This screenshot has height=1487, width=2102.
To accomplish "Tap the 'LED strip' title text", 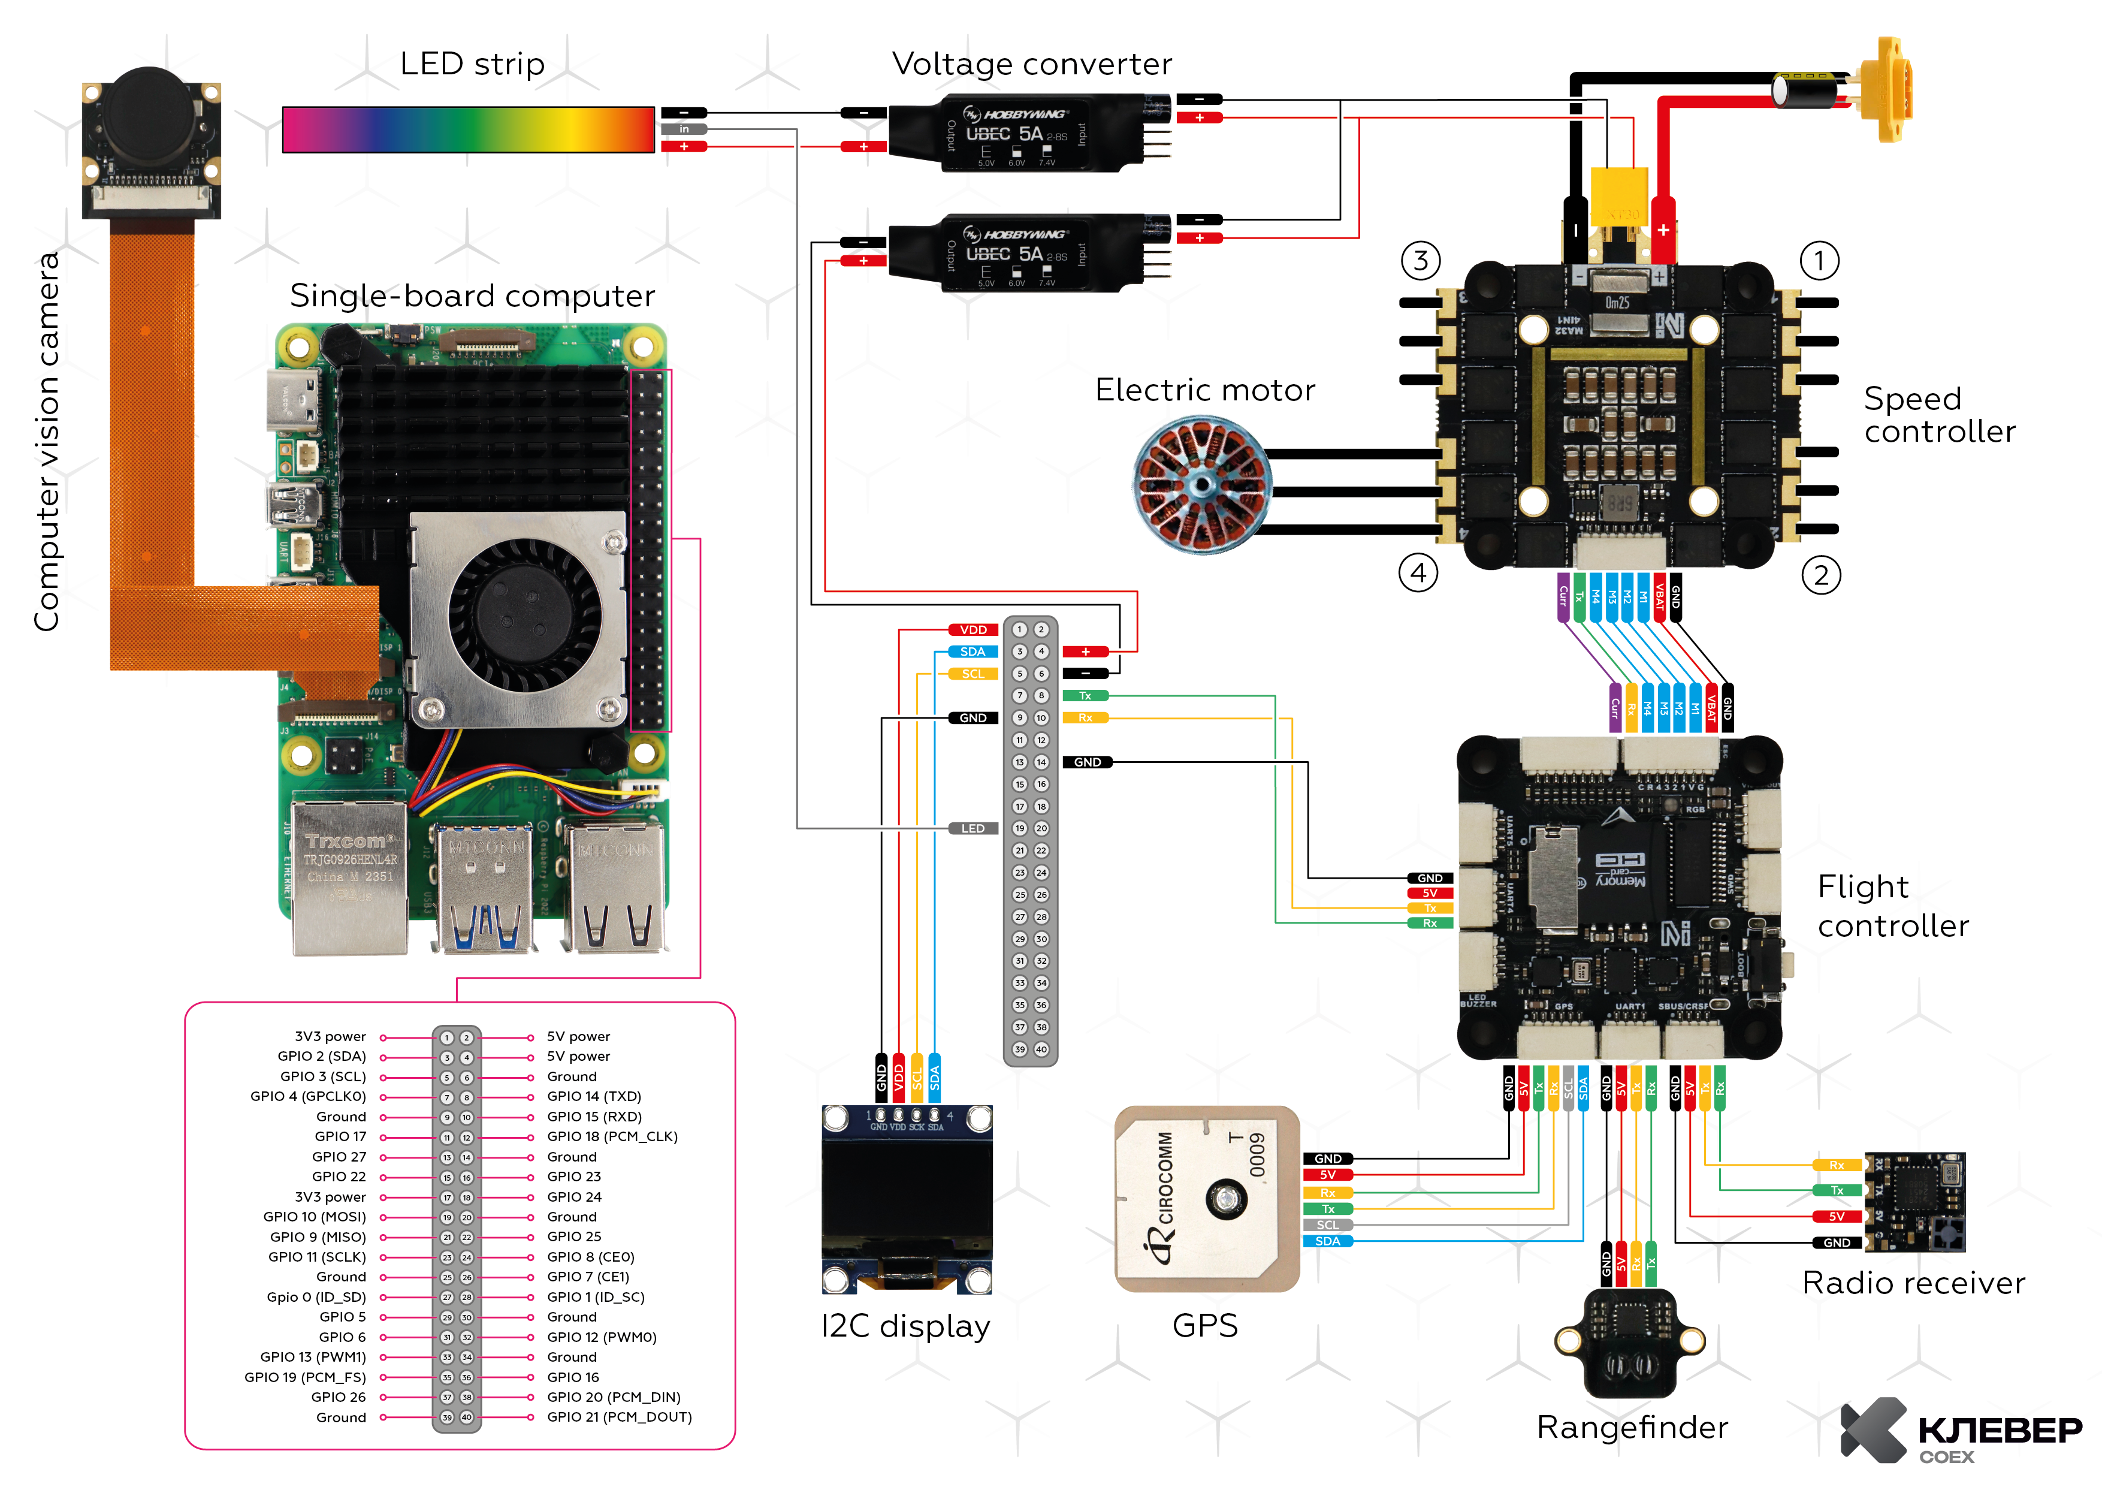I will [472, 64].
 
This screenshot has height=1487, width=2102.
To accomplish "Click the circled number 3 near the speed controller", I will [1420, 261].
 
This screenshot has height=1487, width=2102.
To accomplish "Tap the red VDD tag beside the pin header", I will [973, 630].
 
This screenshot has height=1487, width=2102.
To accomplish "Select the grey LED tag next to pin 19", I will [973, 829].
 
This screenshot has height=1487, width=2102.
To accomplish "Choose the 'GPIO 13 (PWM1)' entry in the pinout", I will [313, 1357].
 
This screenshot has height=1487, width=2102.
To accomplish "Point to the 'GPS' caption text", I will [1205, 1326].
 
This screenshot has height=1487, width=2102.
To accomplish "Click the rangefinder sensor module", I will [1630, 1341].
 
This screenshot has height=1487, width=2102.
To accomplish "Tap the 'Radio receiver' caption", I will [1913, 1283].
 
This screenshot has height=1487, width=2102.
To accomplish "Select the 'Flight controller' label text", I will [1892, 906].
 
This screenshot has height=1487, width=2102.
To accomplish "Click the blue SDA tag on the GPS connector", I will [1327, 1242].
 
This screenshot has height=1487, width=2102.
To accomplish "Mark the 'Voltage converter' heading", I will [1032, 64].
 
